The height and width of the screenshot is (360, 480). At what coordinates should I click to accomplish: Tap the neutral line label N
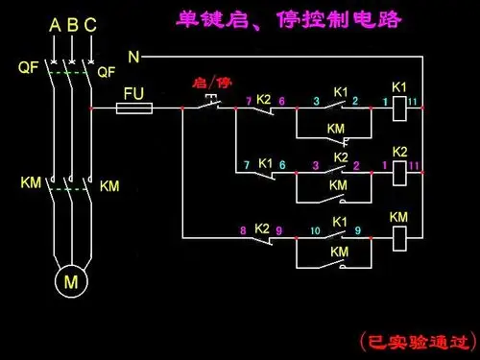(x=133, y=58)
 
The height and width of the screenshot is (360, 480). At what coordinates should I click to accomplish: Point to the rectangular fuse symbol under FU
(x=134, y=109)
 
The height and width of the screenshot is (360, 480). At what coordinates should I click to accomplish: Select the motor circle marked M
(x=71, y=282)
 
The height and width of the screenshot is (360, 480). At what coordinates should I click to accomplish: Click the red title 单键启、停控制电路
(x=289, y=20)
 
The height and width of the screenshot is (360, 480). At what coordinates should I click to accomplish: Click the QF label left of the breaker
(x=28, y=68)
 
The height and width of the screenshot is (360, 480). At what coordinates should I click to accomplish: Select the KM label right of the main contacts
(x=109, y=184)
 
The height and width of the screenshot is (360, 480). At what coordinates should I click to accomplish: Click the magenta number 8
(x=242, y=230)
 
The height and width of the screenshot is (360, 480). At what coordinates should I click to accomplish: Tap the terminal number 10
(x=314, y=230)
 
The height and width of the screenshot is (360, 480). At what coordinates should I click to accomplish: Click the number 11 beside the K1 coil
(x=412, y=101)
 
